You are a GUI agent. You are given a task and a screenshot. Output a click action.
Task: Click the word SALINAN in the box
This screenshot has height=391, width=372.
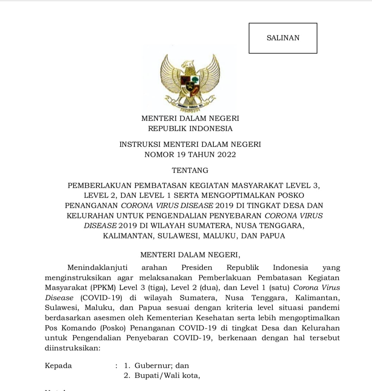pos(283,38)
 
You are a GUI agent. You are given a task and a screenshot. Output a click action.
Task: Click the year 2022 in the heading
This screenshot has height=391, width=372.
pos(224,154)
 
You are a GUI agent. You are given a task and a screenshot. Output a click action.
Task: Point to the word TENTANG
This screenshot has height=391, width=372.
pos(190,171)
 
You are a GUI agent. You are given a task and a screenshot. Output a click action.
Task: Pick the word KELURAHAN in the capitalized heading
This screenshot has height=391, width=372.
pos(90,216)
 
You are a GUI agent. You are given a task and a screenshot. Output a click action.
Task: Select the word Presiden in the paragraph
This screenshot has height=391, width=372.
pos(197,268)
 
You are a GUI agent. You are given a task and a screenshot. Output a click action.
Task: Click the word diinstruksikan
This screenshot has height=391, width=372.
pos(73,348)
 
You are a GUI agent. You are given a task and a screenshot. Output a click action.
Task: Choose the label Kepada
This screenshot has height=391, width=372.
pos(58,366)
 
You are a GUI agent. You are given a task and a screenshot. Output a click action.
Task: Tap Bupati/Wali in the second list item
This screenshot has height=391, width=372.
pos(156,376)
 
